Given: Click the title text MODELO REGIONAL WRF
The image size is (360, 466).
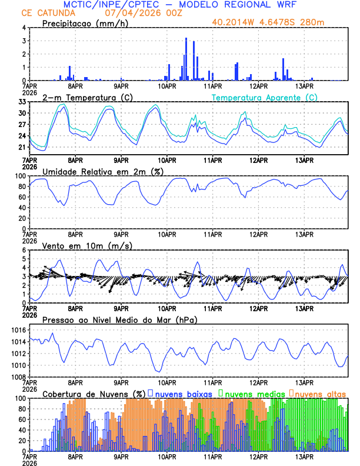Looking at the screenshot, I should point(246,5).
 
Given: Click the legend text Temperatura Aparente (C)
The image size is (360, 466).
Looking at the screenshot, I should point(265,97).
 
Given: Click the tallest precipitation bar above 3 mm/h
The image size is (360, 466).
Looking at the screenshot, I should point(186,59).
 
